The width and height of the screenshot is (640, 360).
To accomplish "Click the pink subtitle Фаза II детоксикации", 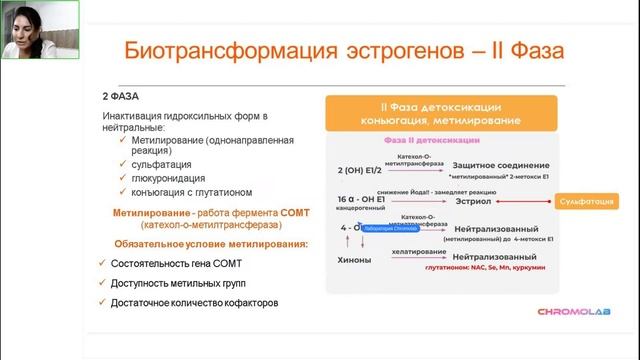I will (x=429, y=142).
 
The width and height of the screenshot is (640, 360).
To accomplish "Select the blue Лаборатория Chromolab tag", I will (x=396, y=228).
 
